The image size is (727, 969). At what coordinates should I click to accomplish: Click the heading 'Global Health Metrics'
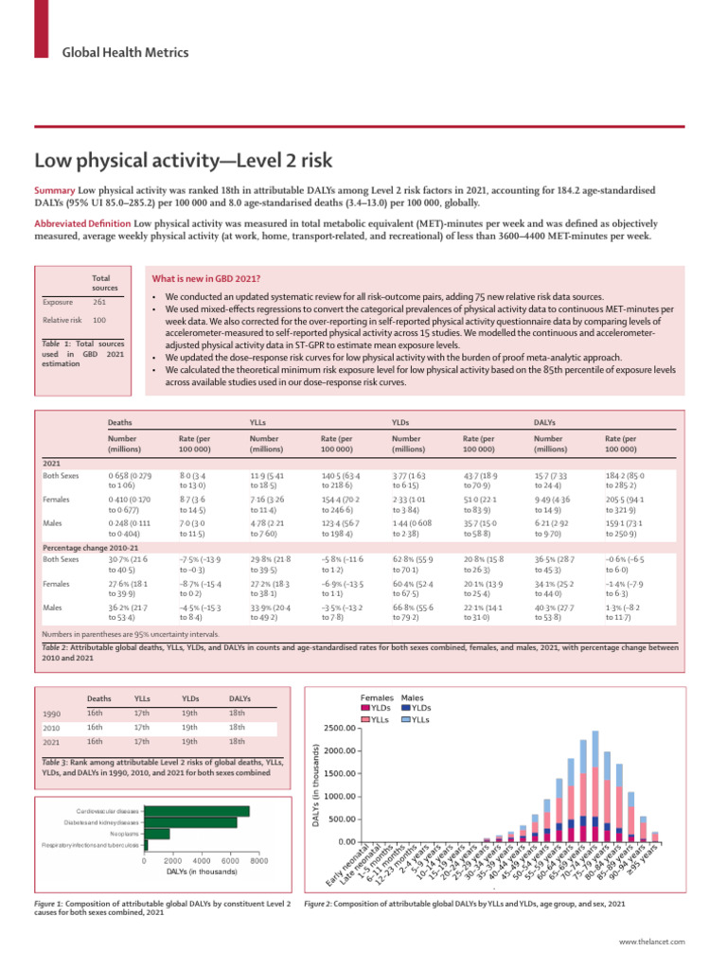115,53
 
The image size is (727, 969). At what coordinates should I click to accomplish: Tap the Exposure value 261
99,302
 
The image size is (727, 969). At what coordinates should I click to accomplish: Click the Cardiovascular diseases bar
196,811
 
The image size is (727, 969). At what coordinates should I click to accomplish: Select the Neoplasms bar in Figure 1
157,834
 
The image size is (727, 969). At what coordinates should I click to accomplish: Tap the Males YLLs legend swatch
406,718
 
